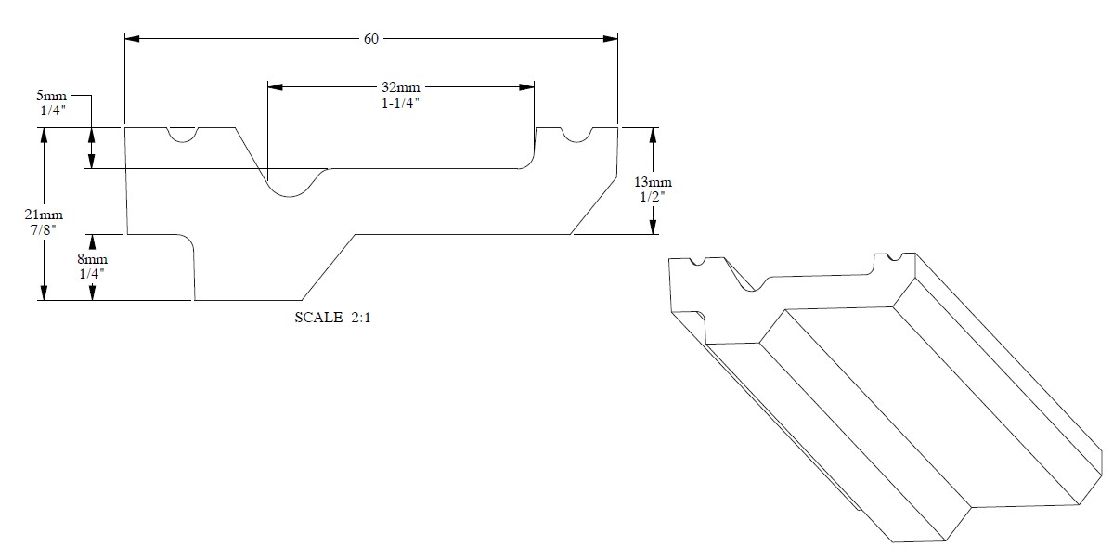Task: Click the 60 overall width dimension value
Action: tap(371, 39)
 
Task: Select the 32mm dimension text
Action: tap(401, 88)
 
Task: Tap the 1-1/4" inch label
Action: tap(401, 102)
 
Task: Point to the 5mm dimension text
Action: tap(47, 95)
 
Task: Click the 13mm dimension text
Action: tap(654, 182)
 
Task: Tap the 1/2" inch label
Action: tap(654, 196)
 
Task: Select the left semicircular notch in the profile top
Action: tap(183, 135)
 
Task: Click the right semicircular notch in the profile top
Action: tap(577, 135)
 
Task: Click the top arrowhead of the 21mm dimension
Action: tap(43, 135)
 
